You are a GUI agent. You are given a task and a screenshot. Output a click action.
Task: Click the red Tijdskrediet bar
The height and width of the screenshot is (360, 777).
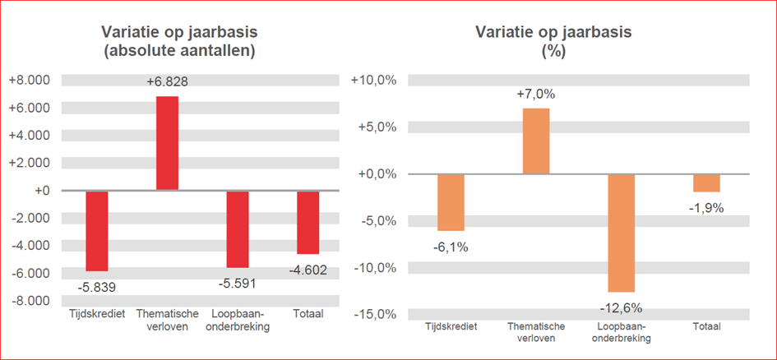click(97, 230)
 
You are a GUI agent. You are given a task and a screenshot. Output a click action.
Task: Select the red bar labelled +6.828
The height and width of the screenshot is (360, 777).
click(167, 143)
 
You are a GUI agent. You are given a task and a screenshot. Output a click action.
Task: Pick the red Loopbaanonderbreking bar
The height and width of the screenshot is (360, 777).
click(238, 228)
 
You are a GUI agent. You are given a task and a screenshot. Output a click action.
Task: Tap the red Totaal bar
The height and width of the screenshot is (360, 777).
click(308, 222)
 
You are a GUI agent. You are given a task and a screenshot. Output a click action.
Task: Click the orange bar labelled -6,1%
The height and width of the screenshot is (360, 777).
click(451, 202)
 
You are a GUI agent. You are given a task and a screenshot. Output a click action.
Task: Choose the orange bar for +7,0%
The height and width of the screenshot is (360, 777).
click(536, 141)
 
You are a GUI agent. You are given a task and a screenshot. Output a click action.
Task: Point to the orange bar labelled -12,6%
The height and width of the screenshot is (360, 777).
click(622, 233)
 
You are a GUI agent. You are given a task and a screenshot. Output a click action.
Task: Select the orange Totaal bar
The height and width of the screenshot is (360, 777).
click(706, 182)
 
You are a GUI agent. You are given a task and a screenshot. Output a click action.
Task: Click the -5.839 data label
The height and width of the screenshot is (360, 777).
click(97, 287)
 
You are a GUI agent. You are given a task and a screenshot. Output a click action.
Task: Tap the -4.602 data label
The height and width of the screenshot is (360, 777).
click(308, 270)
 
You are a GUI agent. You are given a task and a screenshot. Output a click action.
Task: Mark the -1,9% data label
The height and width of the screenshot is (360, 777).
click(706, 208)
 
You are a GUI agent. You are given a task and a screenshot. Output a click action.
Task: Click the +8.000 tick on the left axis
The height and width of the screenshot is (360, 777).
click(30, 80)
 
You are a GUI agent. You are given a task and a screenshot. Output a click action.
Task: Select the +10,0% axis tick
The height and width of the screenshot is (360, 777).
click(375, 80)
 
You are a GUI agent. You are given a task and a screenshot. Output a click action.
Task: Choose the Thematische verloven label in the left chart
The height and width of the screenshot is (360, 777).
click(167, 320)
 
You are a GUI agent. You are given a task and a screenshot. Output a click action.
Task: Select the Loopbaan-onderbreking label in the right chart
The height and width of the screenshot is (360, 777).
click(622, 332)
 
